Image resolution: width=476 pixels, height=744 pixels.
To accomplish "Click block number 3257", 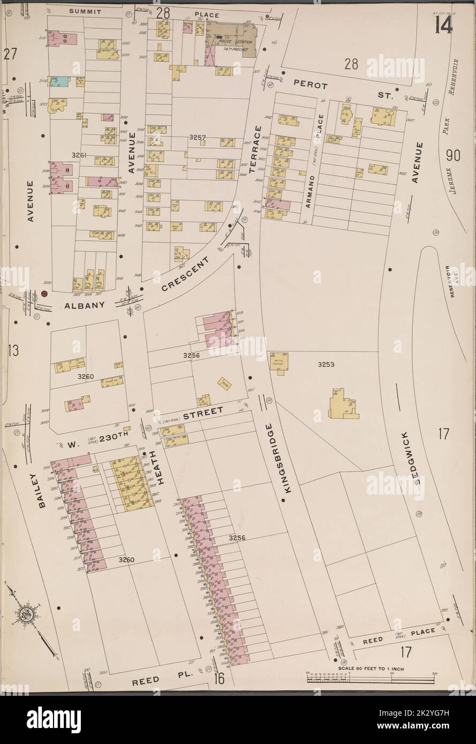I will [x=197, y=138].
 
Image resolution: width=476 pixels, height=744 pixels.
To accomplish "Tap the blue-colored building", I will [x=61, y=81].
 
